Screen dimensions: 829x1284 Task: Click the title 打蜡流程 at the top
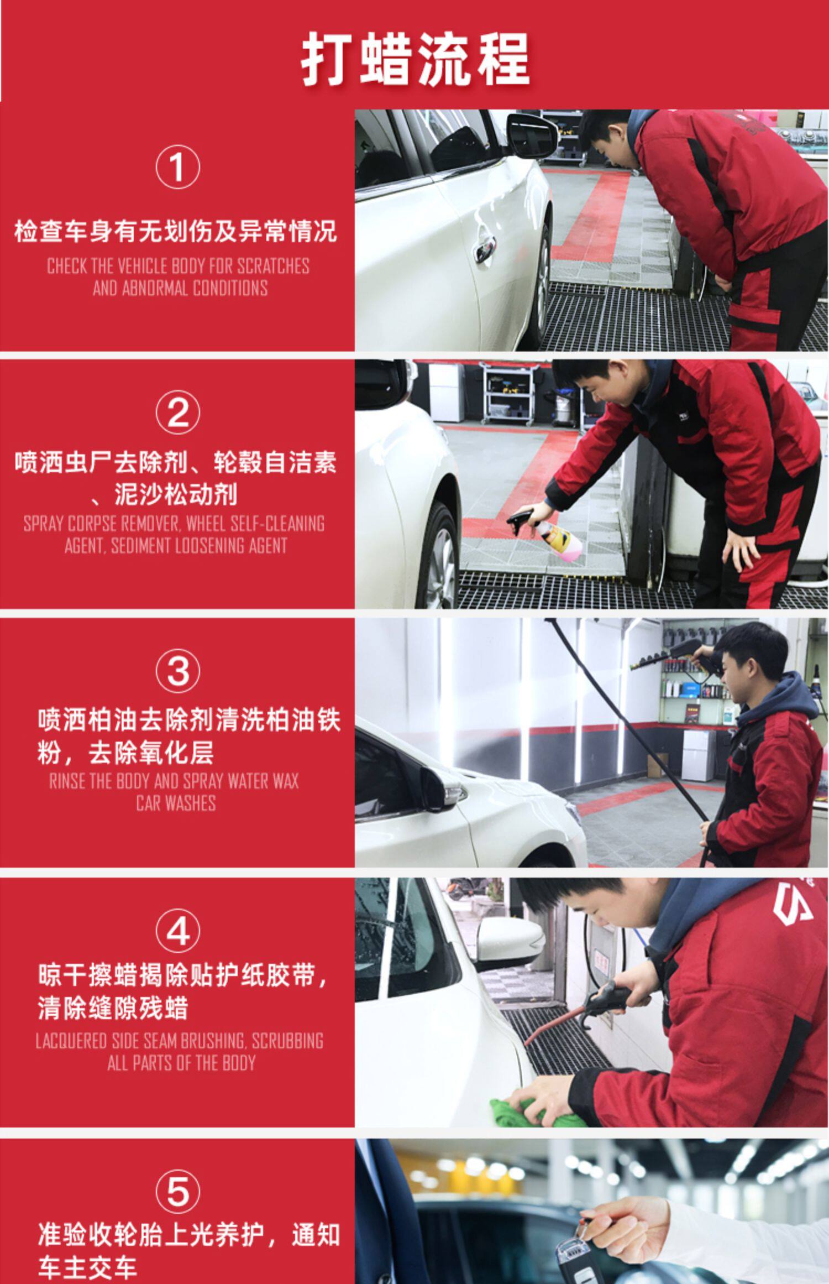[x=415, y=59]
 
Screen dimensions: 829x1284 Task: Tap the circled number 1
[x=177, y=167]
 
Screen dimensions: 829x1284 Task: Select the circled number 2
[x=177, y=413]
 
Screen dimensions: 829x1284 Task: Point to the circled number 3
[x=177, y=671]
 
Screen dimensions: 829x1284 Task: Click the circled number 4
[x=177, y=931]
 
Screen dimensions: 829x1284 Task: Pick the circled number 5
[x=177, y=1191]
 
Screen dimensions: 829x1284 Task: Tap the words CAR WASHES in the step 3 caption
[x=176, y=803]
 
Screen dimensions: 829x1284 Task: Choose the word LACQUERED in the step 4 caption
[x=71, y=1041]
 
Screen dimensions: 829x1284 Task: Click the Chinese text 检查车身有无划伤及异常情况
[x=176, y=231]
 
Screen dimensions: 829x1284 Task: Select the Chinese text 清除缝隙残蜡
[x=113, y=1008]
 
